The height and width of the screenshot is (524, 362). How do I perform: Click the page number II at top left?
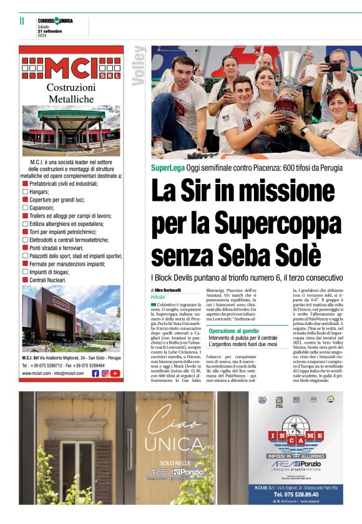(22, 21)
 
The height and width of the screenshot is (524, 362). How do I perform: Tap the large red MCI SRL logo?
(71, 67)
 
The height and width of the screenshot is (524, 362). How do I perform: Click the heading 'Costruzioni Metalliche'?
(71, 93)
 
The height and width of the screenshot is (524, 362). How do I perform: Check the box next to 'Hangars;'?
(26, 192)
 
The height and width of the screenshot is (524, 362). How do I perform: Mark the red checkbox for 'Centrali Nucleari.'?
(26, 280)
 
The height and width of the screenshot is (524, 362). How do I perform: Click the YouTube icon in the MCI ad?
(115, 374)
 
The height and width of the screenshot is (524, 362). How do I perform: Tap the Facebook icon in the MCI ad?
(95, 374)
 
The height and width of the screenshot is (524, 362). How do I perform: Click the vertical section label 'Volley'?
(139, 65)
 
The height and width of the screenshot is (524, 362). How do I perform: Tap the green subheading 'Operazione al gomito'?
(233, 331)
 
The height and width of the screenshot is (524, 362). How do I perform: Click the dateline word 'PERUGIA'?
(158, 298)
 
